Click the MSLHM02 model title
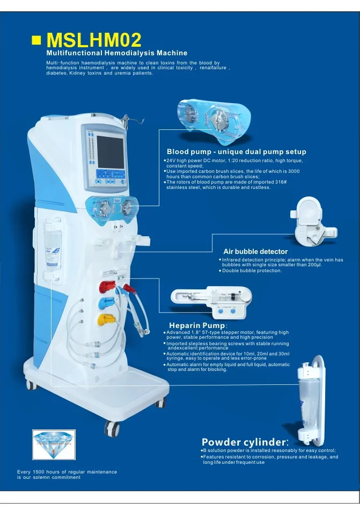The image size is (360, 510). coord(94,40)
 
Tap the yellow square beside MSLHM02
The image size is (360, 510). coord(37,40)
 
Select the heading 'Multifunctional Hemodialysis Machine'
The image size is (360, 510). coord(116,53)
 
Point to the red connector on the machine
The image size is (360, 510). coord(108,285)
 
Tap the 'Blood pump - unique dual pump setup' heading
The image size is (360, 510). coord(236,152)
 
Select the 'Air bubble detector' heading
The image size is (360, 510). coord(255,251)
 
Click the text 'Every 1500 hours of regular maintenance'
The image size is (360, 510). coord(67,472)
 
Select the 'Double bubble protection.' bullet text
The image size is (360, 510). coord(252,271)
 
